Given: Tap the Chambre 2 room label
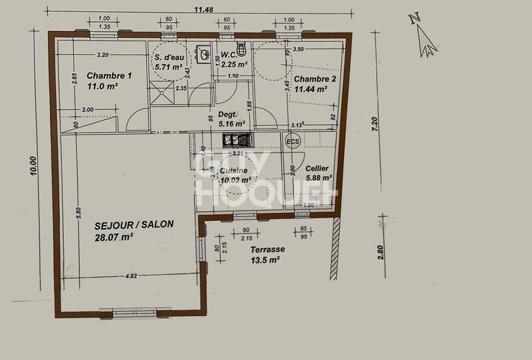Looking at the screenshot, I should pyautogui.click(x=315, y=79).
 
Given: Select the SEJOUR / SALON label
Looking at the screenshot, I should pyautogui.click(x=124, y=224).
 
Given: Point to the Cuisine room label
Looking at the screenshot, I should pyautogui.click(x=234, y=170).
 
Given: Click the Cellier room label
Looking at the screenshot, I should pyautogui.click(x=317, y=169).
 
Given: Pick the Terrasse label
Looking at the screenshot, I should pyautogui.click(x=268, y=250).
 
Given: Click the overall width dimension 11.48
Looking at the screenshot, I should pyautogui.click(x=203, y=9).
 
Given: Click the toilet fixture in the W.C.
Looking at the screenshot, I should pyautogui.click(x=241, y=48).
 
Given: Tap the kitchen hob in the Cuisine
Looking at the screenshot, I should pyautogui.click(x=237, y=139).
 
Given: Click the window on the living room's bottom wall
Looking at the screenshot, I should pyautogui.click(x=126, y=312).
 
